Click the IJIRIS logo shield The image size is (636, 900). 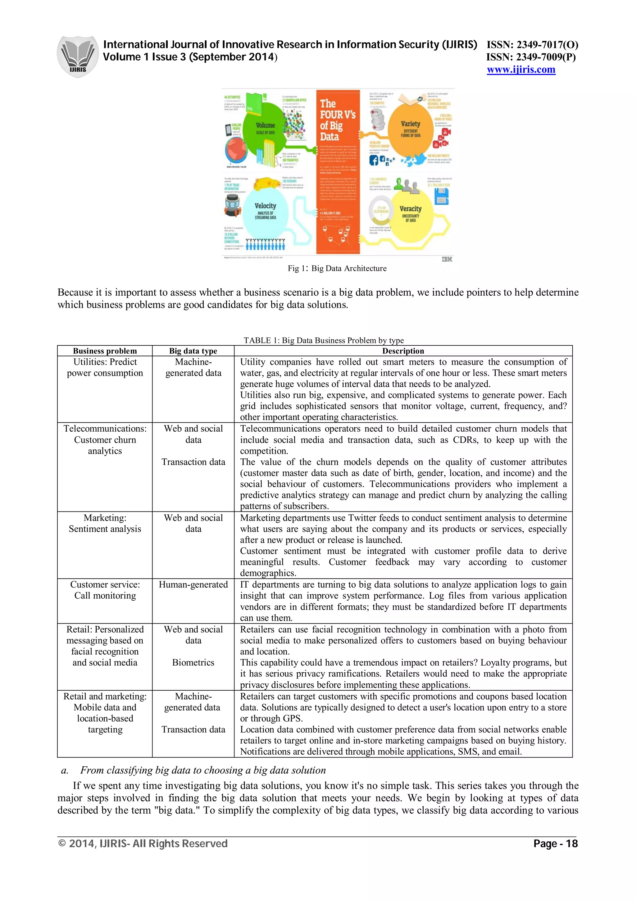point(78,57)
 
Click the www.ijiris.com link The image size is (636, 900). point(521,70)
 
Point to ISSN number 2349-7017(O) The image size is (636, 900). point(532,45)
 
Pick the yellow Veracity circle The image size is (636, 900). point(410,214)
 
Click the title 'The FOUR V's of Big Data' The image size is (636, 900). point(337,120)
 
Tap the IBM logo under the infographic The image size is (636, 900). point(447,259)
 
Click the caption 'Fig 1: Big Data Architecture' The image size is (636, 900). point(337,269)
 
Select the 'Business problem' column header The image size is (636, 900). point(105,351)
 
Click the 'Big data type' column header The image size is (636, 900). point(193,351)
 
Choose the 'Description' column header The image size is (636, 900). point(403,351)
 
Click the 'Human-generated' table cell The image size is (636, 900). point(193,584)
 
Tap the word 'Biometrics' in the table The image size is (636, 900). point(193,662)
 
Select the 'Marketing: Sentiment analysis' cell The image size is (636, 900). point(105,523)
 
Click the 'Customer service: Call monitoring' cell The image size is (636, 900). point(105,590)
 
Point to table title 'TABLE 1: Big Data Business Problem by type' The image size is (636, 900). point(323,340)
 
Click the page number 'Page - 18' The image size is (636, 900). point(555,843)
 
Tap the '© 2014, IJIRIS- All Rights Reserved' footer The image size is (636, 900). point(143,843)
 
